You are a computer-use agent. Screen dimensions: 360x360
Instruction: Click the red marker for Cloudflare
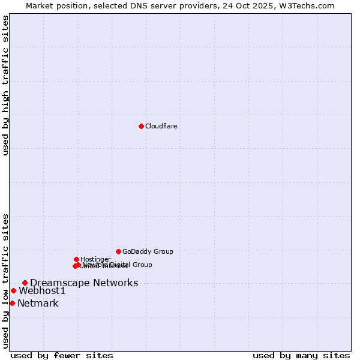[x=141, y=126]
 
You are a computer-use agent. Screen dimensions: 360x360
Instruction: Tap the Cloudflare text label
[x=161, y=126]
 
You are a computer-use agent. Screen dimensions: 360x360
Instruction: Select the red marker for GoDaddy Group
[x=118, y=251]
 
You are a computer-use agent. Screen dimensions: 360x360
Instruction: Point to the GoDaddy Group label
[x=148, y=252]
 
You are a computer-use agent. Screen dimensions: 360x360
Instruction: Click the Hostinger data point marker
[x=76, y=259]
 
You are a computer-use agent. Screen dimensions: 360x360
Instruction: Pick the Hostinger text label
[x=95, y=259]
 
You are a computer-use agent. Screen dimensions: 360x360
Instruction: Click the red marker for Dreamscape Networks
[x=25, y=283]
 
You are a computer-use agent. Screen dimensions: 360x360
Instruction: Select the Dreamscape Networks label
[x=84, y=283]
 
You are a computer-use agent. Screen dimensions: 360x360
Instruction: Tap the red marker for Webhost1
[x=13, y=290]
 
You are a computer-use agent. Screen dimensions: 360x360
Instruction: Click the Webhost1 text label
[x=42, y=291]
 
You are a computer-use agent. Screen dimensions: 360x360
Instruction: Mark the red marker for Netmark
[x=12, y=303]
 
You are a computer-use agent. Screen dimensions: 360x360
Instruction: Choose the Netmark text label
[x=38, y=304]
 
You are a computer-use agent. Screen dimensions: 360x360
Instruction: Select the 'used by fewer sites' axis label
[x=62, y=355]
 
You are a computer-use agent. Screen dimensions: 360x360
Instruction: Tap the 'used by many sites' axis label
[x=301, y=355]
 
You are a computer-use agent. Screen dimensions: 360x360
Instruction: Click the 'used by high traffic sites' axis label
[x=5, y=85]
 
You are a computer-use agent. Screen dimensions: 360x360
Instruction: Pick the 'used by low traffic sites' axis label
[x=5, y=281]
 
